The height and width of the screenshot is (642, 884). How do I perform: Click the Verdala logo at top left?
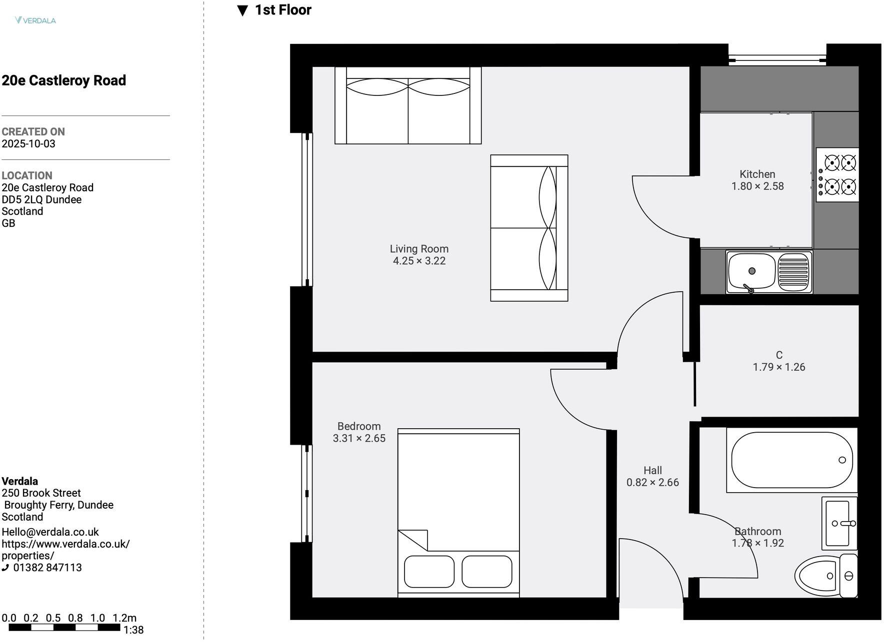tap(35, 20)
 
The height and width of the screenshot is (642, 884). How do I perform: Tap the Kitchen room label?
tap(757, 174)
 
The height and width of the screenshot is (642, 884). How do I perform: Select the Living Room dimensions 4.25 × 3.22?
tap(419, 261)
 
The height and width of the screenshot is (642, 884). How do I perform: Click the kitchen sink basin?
tap(751, 272)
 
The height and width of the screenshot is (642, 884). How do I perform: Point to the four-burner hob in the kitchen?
tap(837, 175)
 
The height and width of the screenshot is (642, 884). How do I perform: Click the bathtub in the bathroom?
tap(791, 460)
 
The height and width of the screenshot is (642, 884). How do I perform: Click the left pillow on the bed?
tap(429, 572)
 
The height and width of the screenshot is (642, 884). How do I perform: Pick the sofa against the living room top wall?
tap(407, 106)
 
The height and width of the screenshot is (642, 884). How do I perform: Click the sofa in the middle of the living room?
tap(529, 228)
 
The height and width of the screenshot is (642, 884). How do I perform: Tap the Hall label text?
tap(652, 471)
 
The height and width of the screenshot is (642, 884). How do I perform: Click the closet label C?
tap(778, 355)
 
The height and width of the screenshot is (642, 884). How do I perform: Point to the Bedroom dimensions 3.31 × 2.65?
tap(359, 439)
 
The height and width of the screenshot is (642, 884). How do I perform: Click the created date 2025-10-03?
tap(28, 144)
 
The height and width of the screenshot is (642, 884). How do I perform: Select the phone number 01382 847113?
tap(47, 568)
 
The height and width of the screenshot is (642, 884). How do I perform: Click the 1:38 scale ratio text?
tap(133, 630)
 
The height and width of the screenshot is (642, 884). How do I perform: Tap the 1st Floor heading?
tap(282, 10)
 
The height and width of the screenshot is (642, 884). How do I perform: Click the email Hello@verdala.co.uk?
tap(50, 532)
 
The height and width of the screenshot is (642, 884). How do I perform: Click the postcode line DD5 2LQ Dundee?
tap(41, 200)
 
